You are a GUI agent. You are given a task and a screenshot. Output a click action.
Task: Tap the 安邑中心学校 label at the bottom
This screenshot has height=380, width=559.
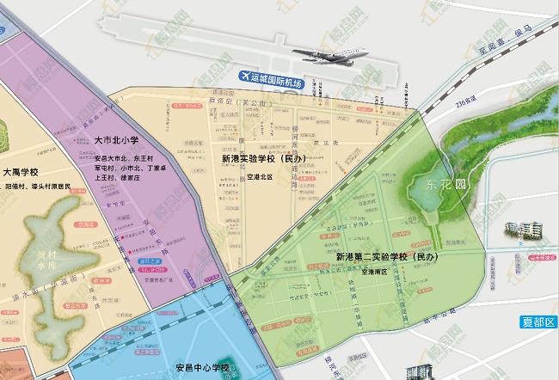click(x=202, y=368)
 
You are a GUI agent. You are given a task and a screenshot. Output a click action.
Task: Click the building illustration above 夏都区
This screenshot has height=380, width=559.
click(x=525, y=230)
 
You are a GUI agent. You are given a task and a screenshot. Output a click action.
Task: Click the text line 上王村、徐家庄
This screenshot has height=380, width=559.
click(x=121, y=179)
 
